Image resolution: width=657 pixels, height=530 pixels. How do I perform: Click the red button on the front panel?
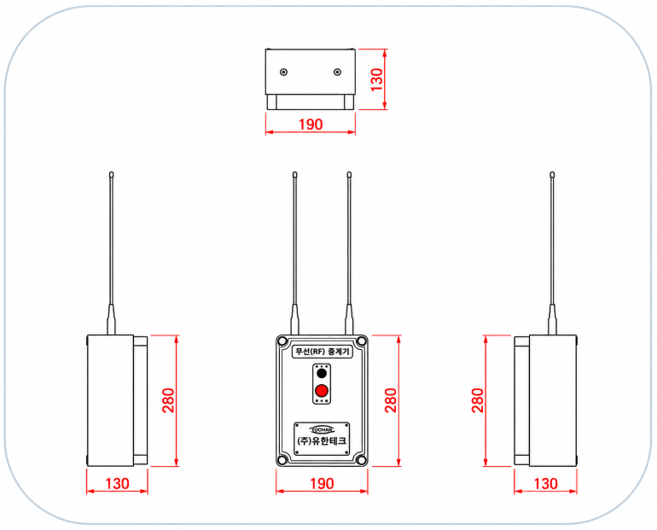pyautogui.click(x=322, y=391)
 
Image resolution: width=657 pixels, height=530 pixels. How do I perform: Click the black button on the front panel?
pyautogui.click(x=322, y=373)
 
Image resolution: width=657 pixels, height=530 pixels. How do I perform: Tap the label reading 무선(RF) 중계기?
pyautogui.click(x=323, y=352)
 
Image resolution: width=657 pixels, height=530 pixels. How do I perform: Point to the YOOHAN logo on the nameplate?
pyautogui.click(x=323, y=429)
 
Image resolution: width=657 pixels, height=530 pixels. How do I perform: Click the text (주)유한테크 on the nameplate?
pyautogui.click(x=322, y=440)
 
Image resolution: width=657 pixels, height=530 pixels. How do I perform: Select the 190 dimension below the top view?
pyautogui.click(x=311, y=125)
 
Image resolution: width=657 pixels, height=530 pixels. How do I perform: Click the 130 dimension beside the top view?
pyautogui.click(x=377, y=79)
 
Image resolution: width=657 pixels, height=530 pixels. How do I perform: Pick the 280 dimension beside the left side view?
pyautogui.click(x=168, y=400)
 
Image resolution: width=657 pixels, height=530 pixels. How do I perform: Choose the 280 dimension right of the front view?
pyautogui.click(x=391, y=400)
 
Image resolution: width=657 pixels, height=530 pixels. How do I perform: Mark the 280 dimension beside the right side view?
pyautogui.click(x=478, y=400)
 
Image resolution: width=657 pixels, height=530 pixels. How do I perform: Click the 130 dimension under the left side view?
pyautogui.click(x=118, y=484)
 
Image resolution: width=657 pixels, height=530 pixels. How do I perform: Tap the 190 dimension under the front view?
pyautogui.click(x=323, y=484)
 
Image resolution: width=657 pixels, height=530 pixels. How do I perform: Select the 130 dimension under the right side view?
pyautogui.click(x=545, y=484)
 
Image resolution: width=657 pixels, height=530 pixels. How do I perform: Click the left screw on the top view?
pyautogui.click(x=283, y=73)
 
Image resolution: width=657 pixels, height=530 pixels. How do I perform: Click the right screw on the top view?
pyautogui.click(x=337, y=73)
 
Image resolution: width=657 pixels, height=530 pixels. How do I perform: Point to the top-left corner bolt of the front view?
pyautogui.click(x=282, y=341)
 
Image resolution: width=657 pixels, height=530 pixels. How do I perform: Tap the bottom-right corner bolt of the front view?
pyautogui.click(x=362, y=460)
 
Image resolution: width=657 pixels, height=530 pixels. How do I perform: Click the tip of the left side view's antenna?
pyautogui.click(x=111, y=172)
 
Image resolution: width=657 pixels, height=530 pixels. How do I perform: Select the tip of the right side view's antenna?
pyautogui.click(x=552, y=172)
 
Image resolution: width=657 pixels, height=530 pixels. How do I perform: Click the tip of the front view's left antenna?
pyautogui.click(x=295, y=172)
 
